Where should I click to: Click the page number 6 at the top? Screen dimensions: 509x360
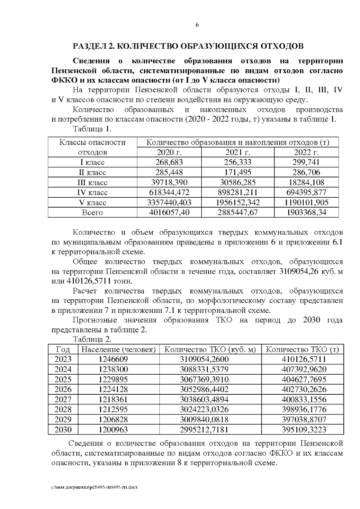[197, 25]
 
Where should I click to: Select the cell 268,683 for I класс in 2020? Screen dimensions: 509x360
[169, 162]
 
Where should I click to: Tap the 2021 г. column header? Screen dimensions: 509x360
[238, 152]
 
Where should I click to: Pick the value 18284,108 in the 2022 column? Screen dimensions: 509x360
[306, 182]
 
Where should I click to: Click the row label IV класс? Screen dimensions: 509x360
[92, 192]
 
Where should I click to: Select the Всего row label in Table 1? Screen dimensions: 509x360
[92, 213]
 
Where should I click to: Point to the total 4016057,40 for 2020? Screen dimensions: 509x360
[169, 213]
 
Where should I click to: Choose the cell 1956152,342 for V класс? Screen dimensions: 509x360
[238, 202]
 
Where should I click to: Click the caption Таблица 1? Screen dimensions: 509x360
[92, 129]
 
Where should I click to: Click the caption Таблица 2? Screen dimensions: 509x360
[92, 340]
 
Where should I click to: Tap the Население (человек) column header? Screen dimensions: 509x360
[118, 349]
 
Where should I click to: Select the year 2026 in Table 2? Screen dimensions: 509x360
[63, 389]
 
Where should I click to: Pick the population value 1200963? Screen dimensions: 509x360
[113, 430]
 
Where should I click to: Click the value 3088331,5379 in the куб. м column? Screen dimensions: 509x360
[204, 369]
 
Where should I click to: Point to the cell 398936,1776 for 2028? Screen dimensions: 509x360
[304, 409]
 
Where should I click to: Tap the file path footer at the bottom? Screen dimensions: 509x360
[94, 487]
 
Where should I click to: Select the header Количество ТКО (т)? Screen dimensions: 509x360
[302, 349]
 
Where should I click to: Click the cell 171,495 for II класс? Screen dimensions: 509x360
[238, 172]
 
